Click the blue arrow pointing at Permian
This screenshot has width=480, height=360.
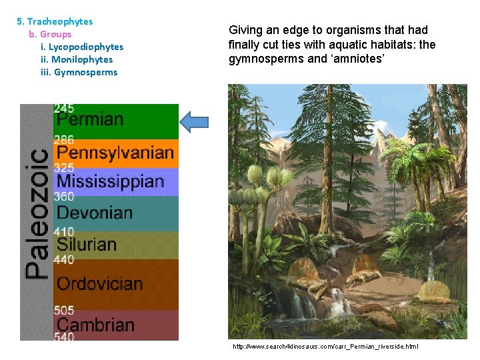click(194, 121)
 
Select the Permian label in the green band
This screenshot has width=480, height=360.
click(90, 120)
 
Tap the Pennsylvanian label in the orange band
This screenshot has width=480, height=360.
click(115, 153)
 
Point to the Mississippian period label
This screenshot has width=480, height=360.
click(110, 181)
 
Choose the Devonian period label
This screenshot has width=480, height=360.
click(95, 213)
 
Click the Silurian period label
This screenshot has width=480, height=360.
click(87, 244)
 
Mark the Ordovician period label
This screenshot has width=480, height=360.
click(100, 283)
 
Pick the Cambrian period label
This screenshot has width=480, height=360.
click(95, 325)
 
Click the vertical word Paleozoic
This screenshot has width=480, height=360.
click(37, 213)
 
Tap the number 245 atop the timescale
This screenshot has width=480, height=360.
click(64, 108)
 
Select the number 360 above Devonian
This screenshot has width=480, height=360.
click(64, 197)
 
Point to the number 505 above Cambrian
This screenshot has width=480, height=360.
click(64, 310)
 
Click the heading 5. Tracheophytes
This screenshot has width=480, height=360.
click(55, 21)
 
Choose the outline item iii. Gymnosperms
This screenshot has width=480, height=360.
click(79, 72)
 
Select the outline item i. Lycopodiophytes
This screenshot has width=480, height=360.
click(82, 47)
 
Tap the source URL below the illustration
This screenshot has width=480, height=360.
click(325, 347)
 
